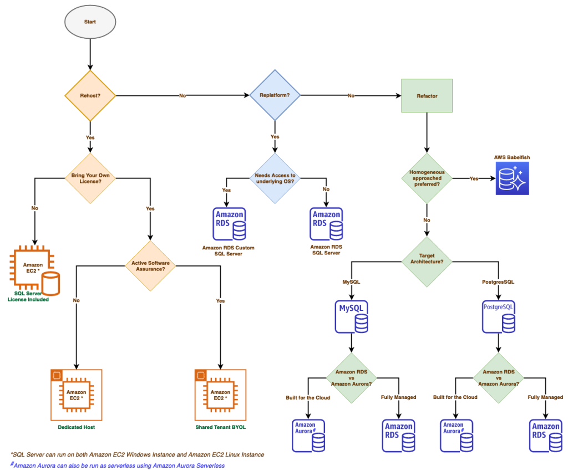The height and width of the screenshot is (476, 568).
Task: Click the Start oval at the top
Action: [90, 22]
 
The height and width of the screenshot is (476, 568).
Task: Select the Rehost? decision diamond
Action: [90, 96]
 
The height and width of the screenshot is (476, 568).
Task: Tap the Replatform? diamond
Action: [275, 96]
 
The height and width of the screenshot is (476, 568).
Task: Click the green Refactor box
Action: [427, 96]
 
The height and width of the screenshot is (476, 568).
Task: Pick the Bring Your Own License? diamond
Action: [90, 178]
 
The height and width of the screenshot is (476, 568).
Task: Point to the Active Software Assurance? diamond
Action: [150, 265]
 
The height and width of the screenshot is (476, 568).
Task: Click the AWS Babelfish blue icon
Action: [512, 178]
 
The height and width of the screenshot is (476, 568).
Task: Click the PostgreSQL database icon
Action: [499, 316]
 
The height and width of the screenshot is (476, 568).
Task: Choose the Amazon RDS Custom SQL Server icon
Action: [229, 224]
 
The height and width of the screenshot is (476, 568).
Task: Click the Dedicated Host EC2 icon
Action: [75, 395]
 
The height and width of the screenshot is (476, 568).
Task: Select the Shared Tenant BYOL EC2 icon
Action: [221, 395]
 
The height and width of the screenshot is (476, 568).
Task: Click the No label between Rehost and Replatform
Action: [182, 96]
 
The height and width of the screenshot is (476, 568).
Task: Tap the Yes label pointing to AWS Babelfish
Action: [474, 179]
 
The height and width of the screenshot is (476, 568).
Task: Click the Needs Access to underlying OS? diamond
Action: [275, 178]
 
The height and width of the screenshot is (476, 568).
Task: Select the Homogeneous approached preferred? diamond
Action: [427, 178]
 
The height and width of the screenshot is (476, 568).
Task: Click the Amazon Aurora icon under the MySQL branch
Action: [308, 435]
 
